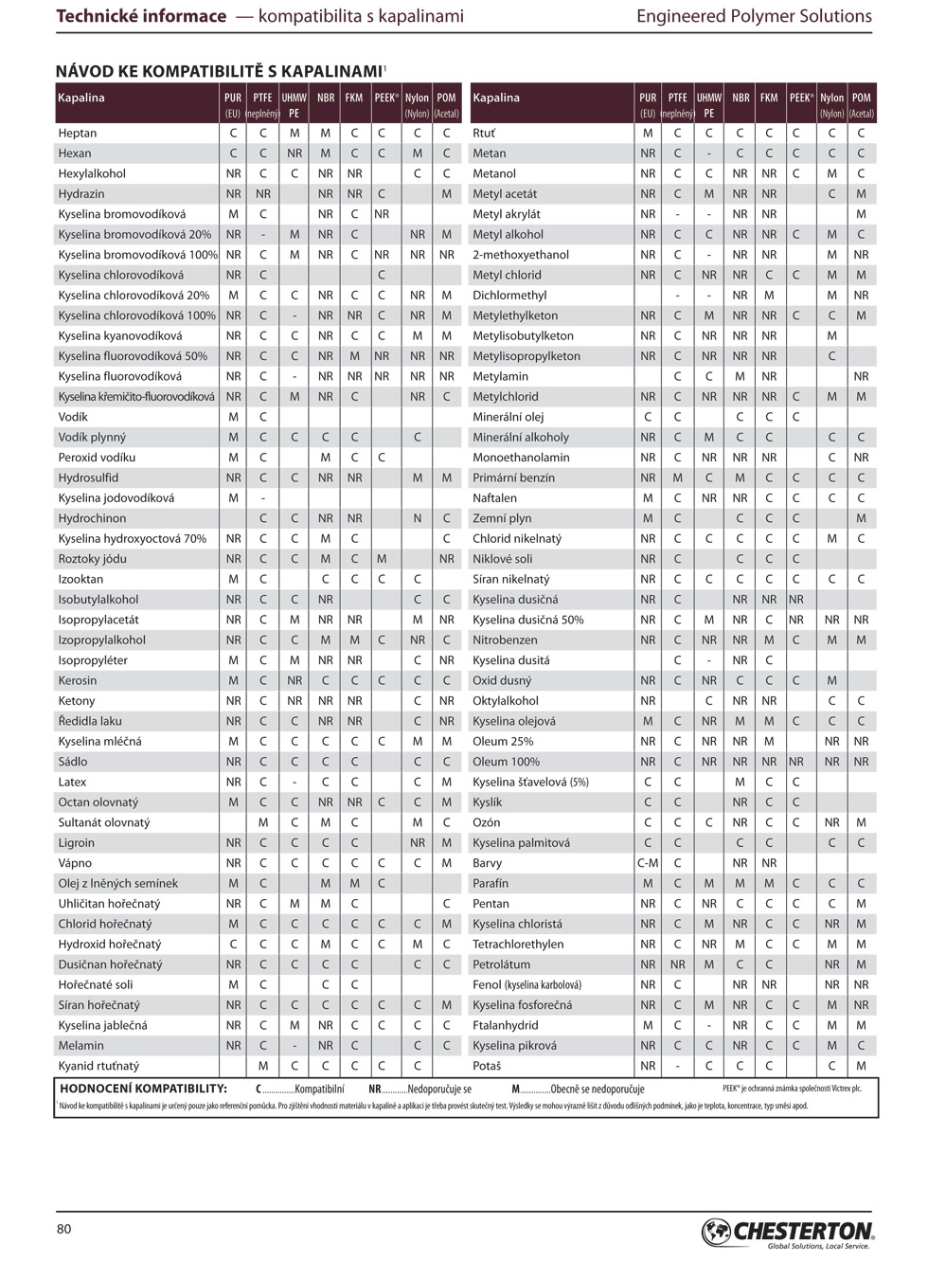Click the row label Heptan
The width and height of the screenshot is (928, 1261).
(78, 134)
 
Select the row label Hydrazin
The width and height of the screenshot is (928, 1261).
(81, 194)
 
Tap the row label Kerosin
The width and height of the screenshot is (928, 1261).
(78, 681)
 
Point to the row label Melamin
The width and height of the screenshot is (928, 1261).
(81, 1046)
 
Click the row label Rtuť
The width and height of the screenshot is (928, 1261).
(484, 134)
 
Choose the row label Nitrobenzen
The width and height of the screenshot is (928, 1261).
(505, 640)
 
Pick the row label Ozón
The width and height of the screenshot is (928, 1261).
(487, 823)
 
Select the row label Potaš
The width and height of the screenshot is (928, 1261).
(487, 1066)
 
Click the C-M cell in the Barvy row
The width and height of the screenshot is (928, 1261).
(648, 863)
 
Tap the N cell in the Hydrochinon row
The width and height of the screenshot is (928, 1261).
(417, 519)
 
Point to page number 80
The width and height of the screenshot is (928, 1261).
(64, 1230)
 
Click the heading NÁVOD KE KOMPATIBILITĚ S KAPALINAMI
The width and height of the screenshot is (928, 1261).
(220, 72)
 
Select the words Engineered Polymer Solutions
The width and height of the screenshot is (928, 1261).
(754, 16)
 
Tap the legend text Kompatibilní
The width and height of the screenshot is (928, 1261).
(319, 1090)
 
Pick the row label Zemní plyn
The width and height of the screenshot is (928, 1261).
(502, 519)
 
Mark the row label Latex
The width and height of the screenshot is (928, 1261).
(72, 783)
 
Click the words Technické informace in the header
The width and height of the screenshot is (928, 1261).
(141, 16)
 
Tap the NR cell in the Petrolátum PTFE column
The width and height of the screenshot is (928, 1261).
(678, 964)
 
